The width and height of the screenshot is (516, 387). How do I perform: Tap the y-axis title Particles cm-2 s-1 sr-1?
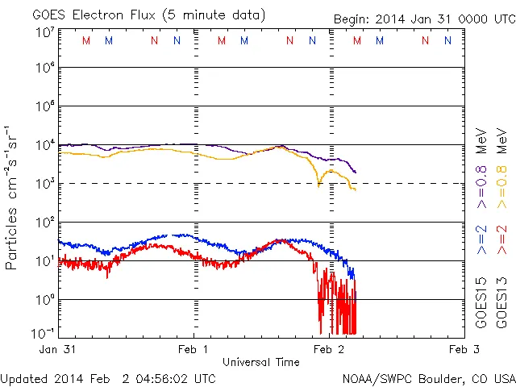point(13,198)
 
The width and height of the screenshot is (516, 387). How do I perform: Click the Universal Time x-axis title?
point(260,362)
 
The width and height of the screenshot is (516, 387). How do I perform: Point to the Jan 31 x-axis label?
point(59,349)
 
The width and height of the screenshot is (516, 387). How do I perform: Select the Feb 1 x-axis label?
point(193,349)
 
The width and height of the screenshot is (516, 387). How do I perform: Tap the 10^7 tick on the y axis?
point(44,32)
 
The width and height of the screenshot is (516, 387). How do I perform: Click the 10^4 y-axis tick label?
point(44,145)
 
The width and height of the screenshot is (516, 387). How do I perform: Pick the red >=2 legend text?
point(501,239)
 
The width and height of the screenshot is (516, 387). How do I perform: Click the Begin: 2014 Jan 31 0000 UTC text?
point(423,19)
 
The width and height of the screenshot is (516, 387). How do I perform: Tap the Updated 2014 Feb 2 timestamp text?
point(108,378)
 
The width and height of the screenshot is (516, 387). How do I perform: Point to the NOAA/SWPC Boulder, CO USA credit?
point(428,378)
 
